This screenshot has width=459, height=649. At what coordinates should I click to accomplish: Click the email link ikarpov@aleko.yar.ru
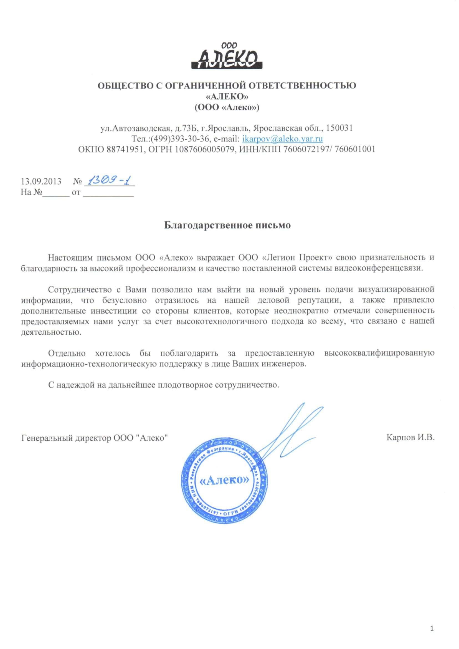[x=283, y=139]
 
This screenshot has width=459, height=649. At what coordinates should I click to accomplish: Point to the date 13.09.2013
[x=41, y=181]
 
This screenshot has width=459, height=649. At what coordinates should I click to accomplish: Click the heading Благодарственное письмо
[x=227, y=226]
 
